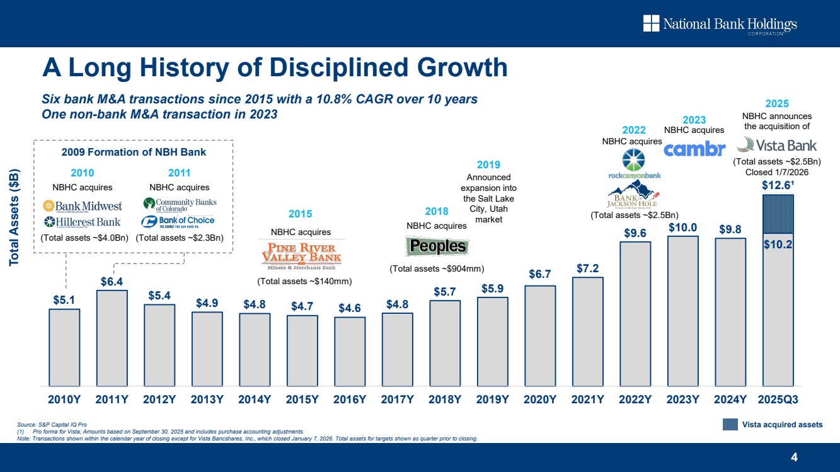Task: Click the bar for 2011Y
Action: click(112, 338)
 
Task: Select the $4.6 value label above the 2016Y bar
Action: click(350, 308)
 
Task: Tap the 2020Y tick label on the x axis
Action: click(540, 399)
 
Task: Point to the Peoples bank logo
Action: click(437, 246)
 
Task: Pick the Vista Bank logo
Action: click(776, 146)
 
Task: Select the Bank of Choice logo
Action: click(178, 221)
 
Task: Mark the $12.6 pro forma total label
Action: click(777, 186)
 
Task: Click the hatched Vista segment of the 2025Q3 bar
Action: click(778, 214)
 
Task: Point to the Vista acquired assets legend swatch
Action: click(730, 425)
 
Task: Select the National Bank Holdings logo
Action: click(720, 25)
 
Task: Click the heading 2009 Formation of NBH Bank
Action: click(134, 152)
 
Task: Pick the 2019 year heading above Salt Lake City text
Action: click(488, 164)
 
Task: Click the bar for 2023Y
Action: click(682, 311)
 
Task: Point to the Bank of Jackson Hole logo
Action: click(633, 194)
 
